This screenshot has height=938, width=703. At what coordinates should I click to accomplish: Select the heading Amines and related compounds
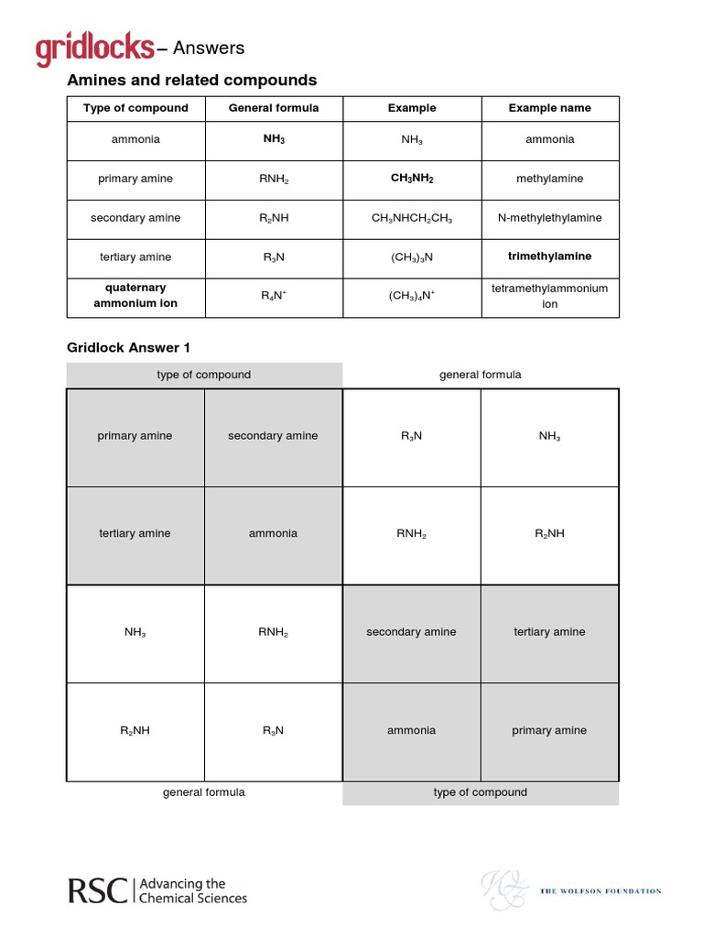click(x=192, y=81)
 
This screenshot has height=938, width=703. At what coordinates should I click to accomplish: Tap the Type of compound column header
click(x=135, y=108)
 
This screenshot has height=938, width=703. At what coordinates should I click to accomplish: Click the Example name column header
click(x=549, y=108)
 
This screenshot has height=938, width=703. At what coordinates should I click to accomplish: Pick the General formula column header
click(x=274, y=108)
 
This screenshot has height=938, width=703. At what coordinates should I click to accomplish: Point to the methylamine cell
click(x=549, y=179)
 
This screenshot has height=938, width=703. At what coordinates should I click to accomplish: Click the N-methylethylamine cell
click(x=549, y=218)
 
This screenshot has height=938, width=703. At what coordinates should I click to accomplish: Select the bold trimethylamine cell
click(x=549, y=256)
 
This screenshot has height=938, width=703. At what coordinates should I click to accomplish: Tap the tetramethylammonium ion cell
click(x=549, y=296)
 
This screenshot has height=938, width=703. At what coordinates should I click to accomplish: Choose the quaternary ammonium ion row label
click(x=135, y=296)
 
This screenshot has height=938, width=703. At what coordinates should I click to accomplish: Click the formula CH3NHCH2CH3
click(x=412, y=219)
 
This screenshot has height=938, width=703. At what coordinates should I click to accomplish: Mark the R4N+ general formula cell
click(x=274, y=296)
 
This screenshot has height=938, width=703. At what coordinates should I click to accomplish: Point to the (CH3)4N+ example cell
click(x=412, y=296)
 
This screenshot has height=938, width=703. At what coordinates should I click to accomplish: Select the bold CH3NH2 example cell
click(x=412, y=179)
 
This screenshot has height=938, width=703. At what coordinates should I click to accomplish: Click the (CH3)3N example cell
click(x=412, y=257)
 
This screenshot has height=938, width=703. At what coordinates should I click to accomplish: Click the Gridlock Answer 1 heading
click(x=128, y=347)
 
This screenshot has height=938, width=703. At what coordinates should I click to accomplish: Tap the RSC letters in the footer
click(x=98, y=890)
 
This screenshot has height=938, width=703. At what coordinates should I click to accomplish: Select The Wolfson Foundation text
click(x=600, y=890)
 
